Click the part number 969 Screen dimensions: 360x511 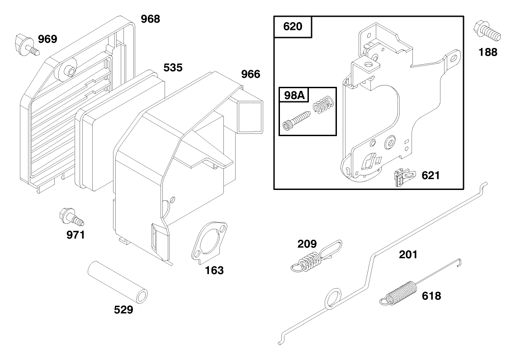[x=47, y=39]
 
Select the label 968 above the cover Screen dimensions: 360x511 [x=151, y=19]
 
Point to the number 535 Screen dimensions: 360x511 [x=173, y=68]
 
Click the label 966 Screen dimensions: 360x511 [x=251, y=74]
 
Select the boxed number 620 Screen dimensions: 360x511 [x=293, y=27]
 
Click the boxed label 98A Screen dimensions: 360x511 [x=294, y=95]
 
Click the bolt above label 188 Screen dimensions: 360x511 [x=487, y=31]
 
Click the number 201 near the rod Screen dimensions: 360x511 [x=408, y=255]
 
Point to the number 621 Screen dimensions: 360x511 [x=431, y=175]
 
